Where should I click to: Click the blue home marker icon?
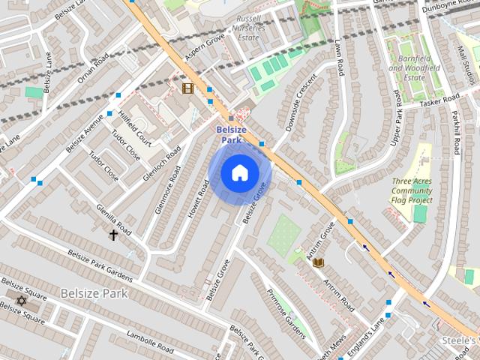[x=239, y=173]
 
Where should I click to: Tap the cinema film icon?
[x=187, y=88]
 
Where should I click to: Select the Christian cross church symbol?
[x=114, y=235]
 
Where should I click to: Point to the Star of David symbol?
[x=21, y=301]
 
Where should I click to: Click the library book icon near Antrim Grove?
[x=318, y=262]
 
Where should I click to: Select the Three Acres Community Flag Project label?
[x=412, y=190]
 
